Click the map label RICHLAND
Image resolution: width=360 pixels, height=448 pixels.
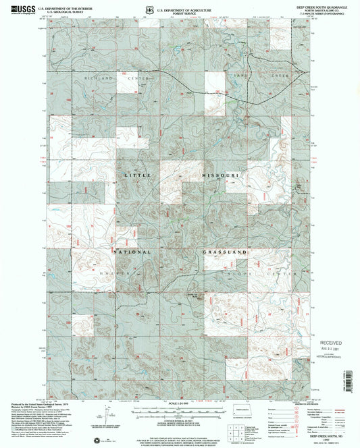[x=97, y=78]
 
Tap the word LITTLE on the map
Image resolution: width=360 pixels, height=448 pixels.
[x=134, y=175]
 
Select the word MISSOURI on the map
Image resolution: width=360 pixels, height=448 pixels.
[x=221, y=175]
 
